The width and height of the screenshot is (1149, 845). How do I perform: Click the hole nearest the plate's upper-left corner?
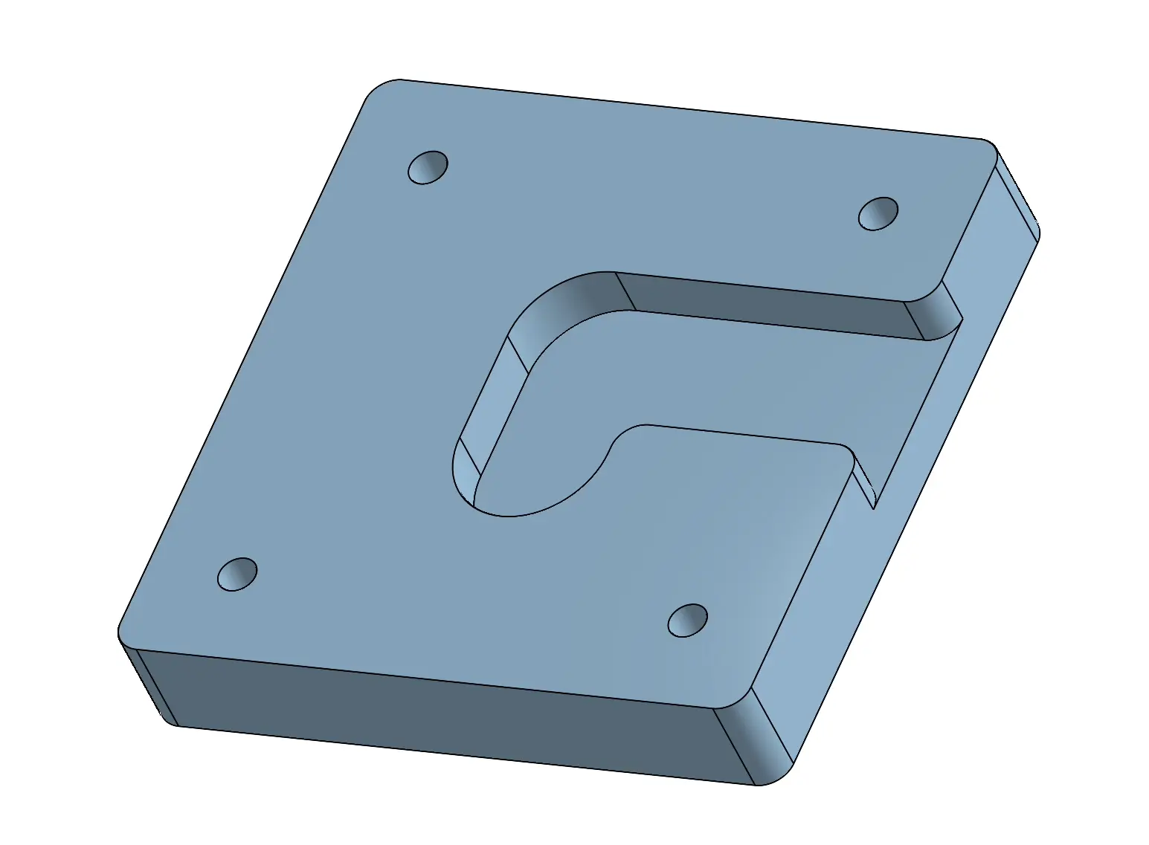coord(428,168)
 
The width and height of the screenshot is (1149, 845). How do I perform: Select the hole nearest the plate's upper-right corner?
coord(878,214)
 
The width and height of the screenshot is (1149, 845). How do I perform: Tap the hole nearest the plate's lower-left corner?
coord(237,574)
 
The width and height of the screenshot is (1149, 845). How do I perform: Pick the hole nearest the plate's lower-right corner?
coord(687,621)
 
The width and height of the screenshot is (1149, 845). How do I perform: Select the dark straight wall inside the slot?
coord(766,305)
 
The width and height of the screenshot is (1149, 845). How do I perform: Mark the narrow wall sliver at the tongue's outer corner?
coord(863,479)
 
